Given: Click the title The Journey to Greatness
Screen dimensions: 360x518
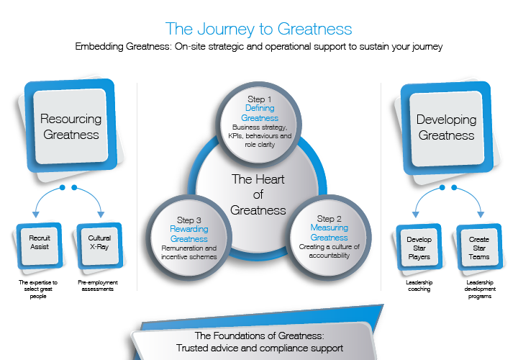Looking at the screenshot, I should pyautogui.click(x=259, y=29).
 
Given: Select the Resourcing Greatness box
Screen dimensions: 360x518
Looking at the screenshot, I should pyautogui.click(x=71, y=126).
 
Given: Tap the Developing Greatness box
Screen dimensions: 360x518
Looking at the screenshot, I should pyautogui.click(x=446, y=127).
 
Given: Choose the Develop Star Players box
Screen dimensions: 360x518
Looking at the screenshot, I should pyautogui.click(x=419, y=248).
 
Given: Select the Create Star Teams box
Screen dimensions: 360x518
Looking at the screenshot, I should pyautogui.click(x=479, y=248).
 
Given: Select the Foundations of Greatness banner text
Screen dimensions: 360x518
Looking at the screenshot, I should pyautogui.click(x=260, y=342).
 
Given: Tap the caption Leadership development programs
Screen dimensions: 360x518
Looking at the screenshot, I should pyautogui.click(x=479, y=289).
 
